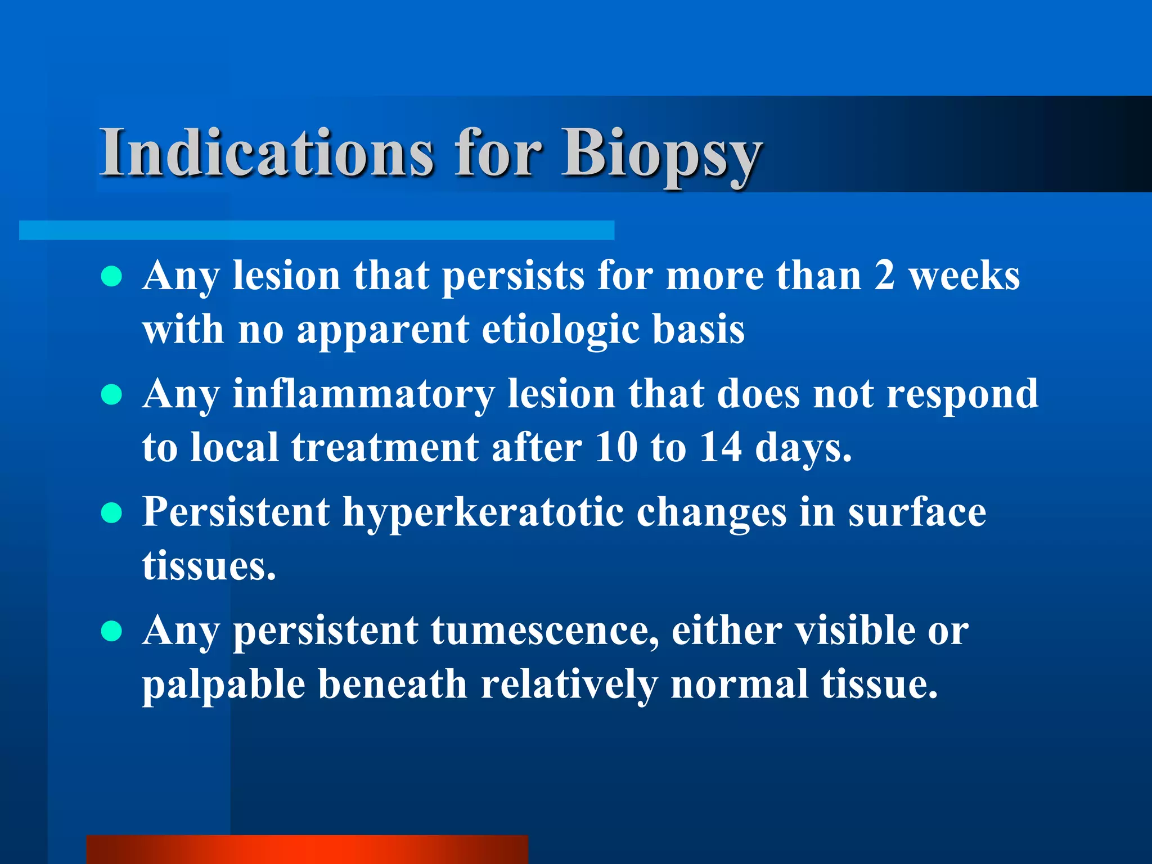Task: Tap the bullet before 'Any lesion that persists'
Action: (112, 277)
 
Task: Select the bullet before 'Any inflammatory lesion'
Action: (112, 395)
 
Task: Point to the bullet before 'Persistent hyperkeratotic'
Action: (112, 513)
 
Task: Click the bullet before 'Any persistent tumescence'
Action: (112, 631)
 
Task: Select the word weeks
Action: (964, 277)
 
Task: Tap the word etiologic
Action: (560, 331)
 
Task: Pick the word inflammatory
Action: (363, 395)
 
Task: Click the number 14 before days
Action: (721, 448)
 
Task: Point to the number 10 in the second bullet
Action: (615, 448)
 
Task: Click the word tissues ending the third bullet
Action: (208, 566)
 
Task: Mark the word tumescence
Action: (544, 631)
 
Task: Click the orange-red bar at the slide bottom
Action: (307, 849)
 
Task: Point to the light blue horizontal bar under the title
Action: (316, 230)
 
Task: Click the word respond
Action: (962, 395)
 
